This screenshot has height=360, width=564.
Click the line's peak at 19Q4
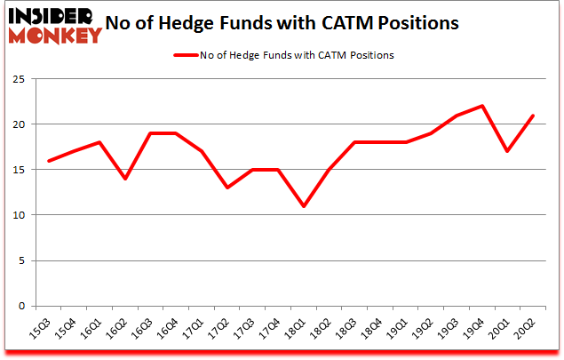[x=481, y=106]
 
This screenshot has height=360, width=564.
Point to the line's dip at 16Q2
[x=125, y=179]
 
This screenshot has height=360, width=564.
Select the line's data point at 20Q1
[x=507, y=151]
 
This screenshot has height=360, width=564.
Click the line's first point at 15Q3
[x=49, y=161]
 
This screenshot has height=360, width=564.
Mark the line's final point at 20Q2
[x=532, y=116]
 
